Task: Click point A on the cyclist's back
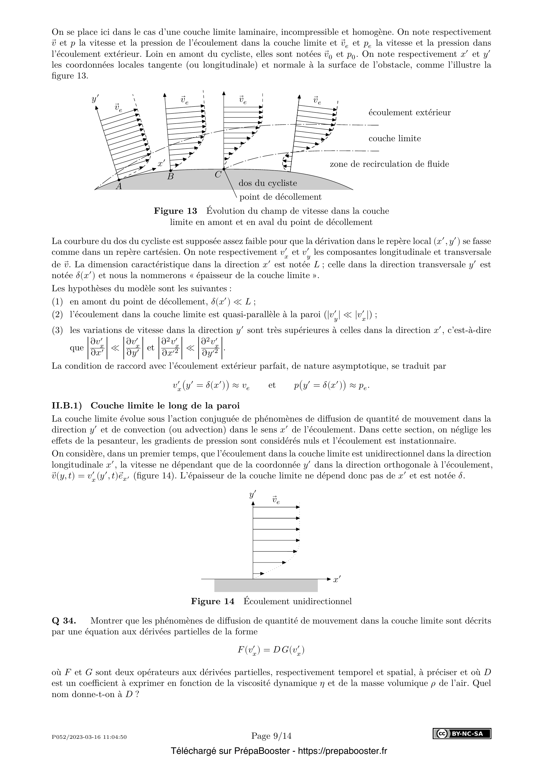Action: coord(119,180)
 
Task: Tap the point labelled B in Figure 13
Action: coord(171,170)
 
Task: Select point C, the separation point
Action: coord(224,169)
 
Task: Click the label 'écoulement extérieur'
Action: coord(409,113)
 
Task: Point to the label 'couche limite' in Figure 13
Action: coord(395,139)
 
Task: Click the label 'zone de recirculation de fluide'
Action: coord(389,164)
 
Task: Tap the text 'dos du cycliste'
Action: coord(268,183)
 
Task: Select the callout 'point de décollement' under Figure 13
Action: coord(280,197)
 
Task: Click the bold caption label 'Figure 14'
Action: coord(213,602)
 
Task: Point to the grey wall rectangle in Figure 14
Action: coord(266,586)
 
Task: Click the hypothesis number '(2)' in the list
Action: coord(57,315)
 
